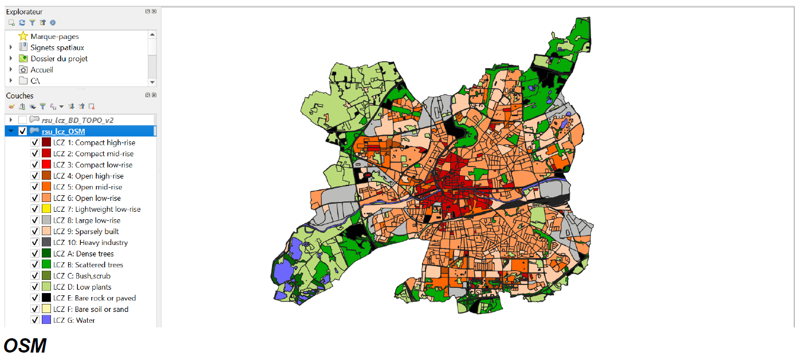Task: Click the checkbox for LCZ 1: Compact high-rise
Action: tap(35, 143)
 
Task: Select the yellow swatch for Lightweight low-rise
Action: tap(46, 209)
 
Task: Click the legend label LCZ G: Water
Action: tap(74, 321)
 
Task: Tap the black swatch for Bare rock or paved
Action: tap(46, 298)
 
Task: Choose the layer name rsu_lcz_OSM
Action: tap(63, 132)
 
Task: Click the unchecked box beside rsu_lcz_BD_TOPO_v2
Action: tap(23, 120)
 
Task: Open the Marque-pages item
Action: tap(54, 37)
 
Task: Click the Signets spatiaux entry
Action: tap(57, 48)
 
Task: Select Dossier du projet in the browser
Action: tap(58, 58)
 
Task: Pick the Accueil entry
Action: tap(41, 70)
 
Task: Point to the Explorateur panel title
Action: tap(24, 12)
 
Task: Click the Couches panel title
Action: tap(19, 96)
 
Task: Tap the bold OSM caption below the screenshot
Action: tap(25, 346)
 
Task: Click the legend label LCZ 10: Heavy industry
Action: tap(90, 243)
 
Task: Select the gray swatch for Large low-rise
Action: tap(46, 220)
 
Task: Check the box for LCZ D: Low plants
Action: tap(35, 287)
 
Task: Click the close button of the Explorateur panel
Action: tap(154, 11)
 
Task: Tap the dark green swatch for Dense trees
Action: tap(46, 254)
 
